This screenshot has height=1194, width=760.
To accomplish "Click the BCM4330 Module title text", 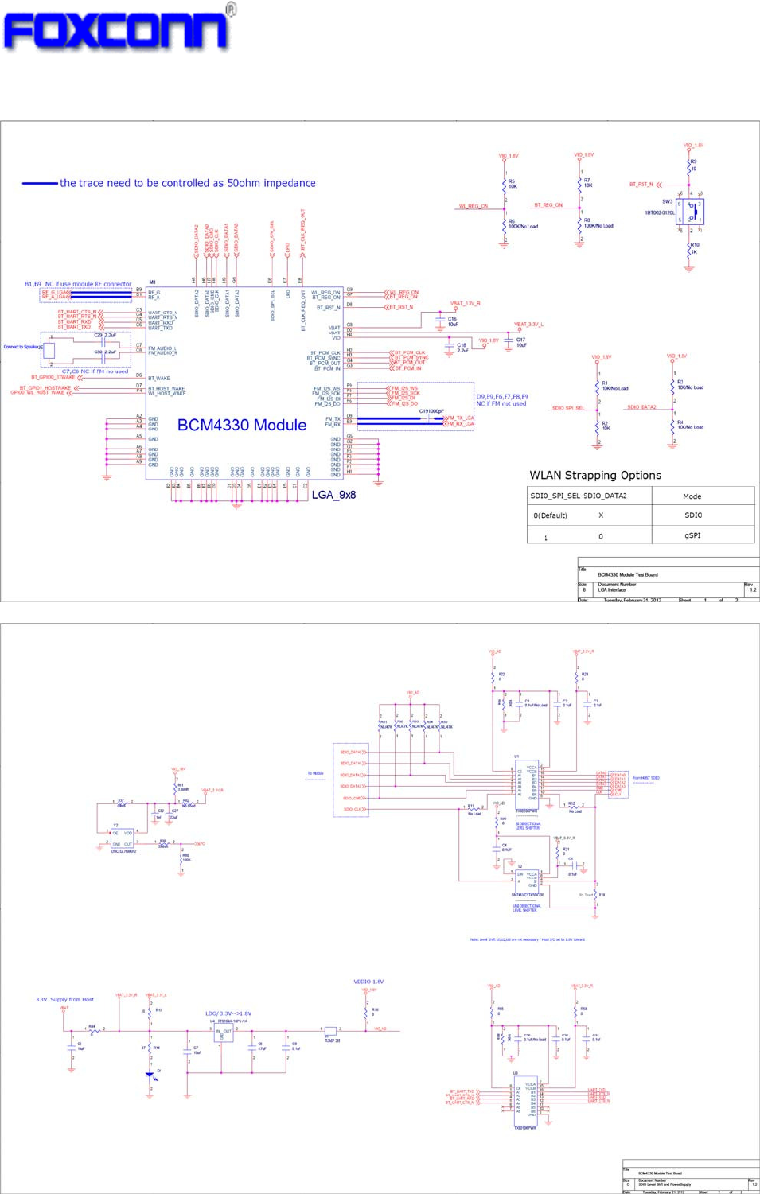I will [x=241, y=426].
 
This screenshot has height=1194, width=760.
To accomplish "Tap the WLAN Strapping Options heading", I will [x=595, y=476].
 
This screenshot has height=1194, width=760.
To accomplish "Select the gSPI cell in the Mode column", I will [x=692, y=535].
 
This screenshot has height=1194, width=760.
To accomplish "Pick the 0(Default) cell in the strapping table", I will [x=550, y=515].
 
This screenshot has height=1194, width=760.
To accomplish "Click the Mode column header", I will [x=692, y=496].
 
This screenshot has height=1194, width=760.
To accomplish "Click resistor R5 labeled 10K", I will [x=505, y=185].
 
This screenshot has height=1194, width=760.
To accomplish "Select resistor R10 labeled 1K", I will [x=689, y=249].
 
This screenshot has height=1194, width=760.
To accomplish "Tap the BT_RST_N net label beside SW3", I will [x=641, y=185].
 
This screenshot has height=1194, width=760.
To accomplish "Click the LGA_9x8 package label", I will [x=333, y=495].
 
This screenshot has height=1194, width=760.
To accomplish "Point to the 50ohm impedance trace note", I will [x=187, y=183].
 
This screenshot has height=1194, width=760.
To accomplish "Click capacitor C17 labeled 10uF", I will [x=509, y=343].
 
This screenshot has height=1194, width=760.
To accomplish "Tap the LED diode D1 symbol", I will [x=150, y=1075].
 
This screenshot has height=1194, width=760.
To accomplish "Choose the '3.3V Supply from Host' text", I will [x=64, y=999].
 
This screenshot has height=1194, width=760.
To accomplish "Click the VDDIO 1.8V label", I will [x=368, y=982].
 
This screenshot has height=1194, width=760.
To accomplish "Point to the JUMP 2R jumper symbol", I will [x=330, y=1032].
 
